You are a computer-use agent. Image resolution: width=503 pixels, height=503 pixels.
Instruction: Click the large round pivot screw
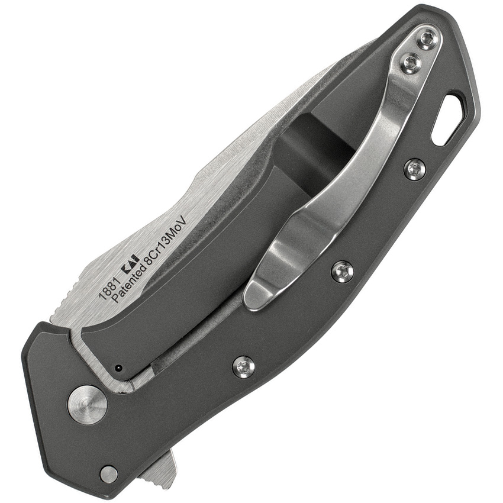tap(87, 405)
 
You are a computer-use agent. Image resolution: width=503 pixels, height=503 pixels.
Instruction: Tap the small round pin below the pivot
tap(108, 473)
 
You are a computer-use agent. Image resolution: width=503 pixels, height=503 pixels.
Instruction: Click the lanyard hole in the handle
tap(448, 119)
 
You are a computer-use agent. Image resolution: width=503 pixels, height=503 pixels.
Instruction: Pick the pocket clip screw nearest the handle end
tap(426, 40)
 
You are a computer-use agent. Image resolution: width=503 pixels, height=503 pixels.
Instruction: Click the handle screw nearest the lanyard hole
tap(415, 170)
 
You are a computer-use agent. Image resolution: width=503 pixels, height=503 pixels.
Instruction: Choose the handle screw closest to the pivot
tap(243, 366)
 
